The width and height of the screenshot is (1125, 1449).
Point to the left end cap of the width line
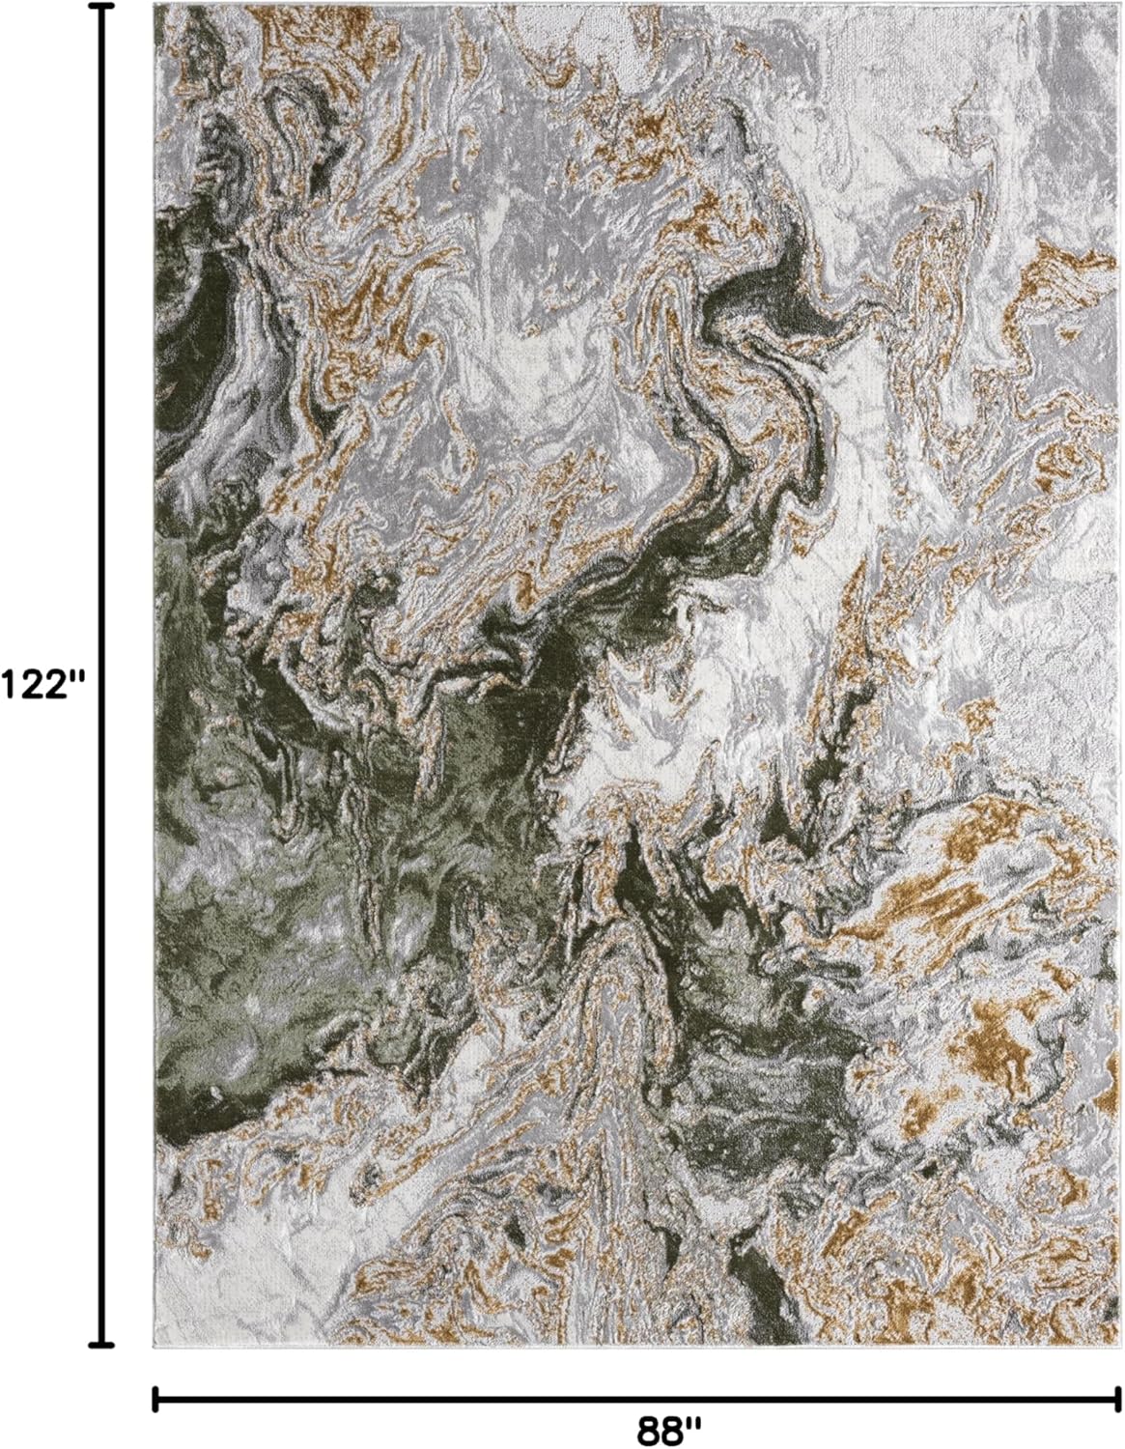[x=155, y=1397]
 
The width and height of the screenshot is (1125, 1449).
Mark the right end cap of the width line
[x=1117, y=1397]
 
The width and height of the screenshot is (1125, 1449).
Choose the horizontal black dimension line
[x=483, y=1397]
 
